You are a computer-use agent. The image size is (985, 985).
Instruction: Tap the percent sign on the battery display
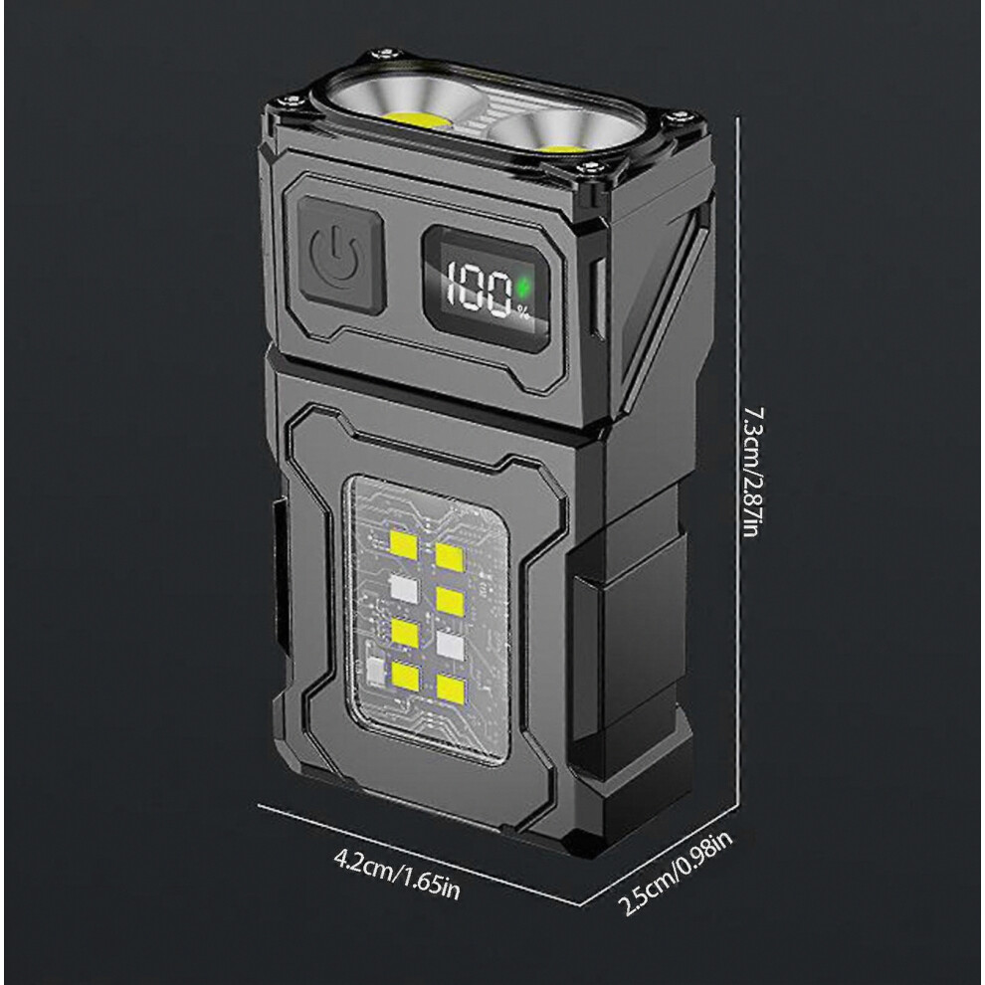pyautogui.click(x=522, y=311)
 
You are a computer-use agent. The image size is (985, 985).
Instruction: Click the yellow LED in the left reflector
pyautogui.click(x=417, y=120)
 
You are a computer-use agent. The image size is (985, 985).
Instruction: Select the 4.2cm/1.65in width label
pyautogui.click(x=396, y=874)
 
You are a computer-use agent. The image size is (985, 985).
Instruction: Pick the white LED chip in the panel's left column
pyautogui.click(x=404, y=588)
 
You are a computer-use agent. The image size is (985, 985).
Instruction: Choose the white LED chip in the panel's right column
pyautogui.click(x=450, y=644)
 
